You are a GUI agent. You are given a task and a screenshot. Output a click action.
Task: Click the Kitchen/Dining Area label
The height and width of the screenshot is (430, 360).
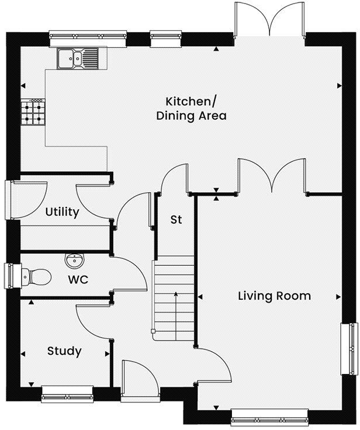[191, 108]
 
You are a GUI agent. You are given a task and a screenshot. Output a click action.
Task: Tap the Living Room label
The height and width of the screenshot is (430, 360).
[274, 296]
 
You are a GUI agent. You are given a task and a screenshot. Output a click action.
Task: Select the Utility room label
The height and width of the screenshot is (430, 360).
[62, 212]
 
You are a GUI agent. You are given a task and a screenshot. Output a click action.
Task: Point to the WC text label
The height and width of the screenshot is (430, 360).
[78, 280]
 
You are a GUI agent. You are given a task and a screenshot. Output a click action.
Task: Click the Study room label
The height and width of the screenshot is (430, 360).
[64, 351]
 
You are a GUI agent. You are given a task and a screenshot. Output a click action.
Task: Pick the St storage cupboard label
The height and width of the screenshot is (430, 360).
[176, 220]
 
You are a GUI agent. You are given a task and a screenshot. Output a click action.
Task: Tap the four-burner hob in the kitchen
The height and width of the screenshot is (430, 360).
[33, 112]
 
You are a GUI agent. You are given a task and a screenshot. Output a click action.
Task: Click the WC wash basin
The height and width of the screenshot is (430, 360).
[74, 259]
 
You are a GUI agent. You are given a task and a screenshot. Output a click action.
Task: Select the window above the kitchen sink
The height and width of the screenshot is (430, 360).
[88, 38]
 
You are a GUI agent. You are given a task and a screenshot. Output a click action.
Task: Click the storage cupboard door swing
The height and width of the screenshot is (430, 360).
[175, 178]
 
